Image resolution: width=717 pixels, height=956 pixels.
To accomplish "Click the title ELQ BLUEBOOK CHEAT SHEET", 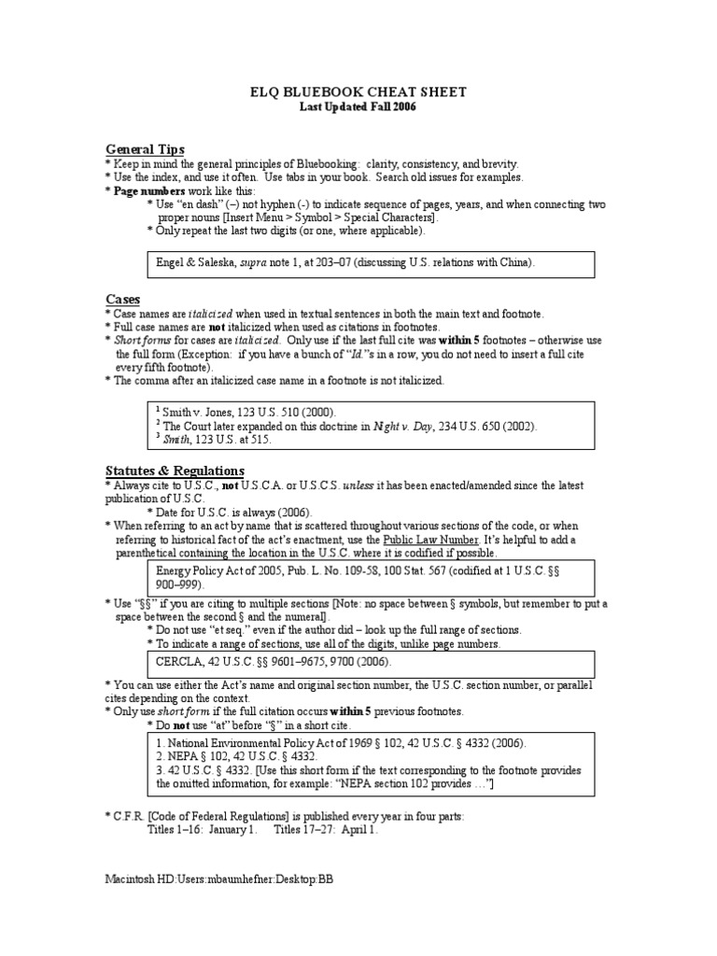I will click(x=357, y=91).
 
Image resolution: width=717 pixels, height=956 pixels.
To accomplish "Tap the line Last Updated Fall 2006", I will click(x=357, y=107).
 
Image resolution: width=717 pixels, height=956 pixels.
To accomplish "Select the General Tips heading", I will click(x=145, y=149).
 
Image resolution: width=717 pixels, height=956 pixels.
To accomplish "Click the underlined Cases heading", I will click(x=122, y=299).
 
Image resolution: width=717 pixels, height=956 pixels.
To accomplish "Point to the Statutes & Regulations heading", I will click(x=175, y=471).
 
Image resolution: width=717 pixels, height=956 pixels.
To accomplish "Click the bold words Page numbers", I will click(x=145, y=190).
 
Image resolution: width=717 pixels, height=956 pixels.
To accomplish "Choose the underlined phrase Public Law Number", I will click(x=430, y=541).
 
